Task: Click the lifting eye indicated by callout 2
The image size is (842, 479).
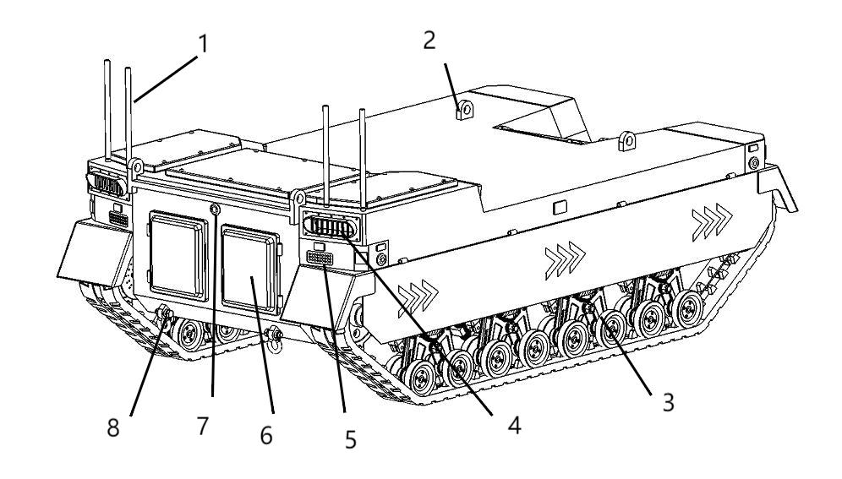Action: [463, 110]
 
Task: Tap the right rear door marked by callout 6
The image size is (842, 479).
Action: [250, 269]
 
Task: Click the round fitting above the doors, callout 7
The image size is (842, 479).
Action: [216, 209]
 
